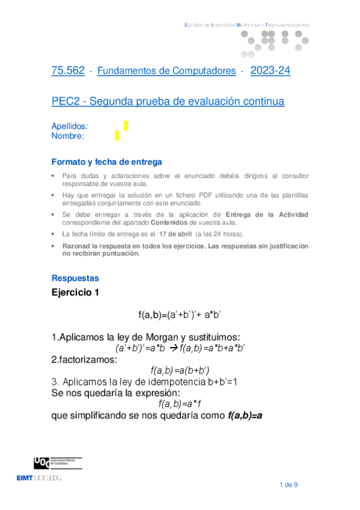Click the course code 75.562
coord(68,71)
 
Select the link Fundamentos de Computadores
coord(166,71)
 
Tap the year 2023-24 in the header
coord(270,71)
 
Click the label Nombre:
coord(68,136)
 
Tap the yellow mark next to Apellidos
coord(126,125)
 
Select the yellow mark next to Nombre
coord(117,135)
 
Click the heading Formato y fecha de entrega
coord(106,162)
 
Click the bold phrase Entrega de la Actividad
coord(266,214)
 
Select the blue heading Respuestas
coord(75,278)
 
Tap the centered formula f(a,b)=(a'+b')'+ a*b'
coord(180,315)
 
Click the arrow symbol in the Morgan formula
coord(172,347)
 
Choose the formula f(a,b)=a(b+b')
coord(180,369)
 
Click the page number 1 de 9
coord(289,485)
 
